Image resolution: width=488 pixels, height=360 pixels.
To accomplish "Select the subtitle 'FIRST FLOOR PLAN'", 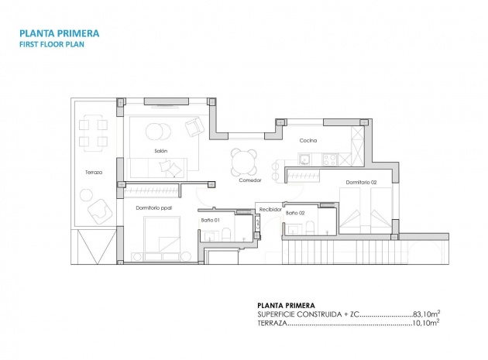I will pyautogui.click(x=53, y=45).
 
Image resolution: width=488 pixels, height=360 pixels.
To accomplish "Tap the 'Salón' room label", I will pyautogui.click(x=161, y=151).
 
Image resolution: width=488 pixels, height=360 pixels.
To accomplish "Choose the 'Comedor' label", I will pyautogui.click(x=249, y=180).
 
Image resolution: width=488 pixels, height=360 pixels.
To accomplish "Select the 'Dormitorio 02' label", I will pyautogui.click(x=361, y=182).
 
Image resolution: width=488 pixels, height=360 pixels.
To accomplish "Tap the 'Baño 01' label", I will pyautogui.click(x=211, y=221).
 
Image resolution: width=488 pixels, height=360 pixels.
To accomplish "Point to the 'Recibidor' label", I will pyautogui.click(x=270, y=208).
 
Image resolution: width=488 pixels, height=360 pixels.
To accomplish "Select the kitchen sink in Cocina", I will pyautogui.click(x=306, y=159).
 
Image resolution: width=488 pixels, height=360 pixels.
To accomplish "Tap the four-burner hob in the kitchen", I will pyautogui.click(x=328, y=159).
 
